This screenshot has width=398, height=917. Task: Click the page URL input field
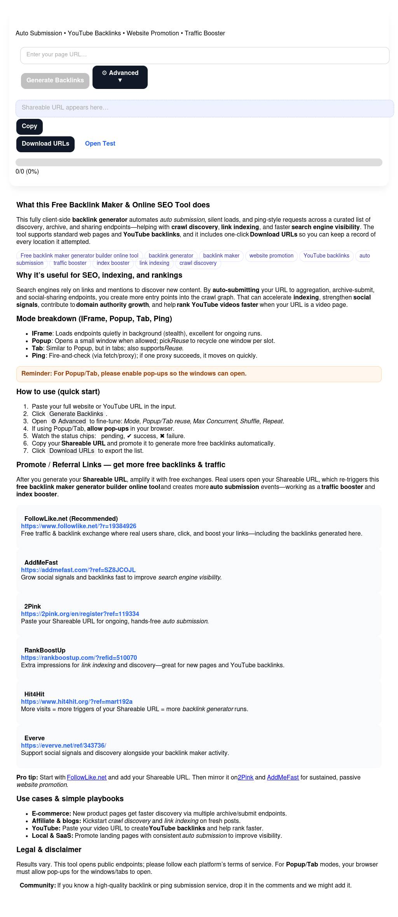pos(204,55)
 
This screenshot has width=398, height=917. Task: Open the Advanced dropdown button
pos(120,77)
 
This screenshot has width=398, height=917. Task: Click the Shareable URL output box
pos(204,108)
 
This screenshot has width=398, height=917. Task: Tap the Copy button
pos(30,127)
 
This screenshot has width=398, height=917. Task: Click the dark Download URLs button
pos(45,144)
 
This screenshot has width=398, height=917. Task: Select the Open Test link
pos(100,144)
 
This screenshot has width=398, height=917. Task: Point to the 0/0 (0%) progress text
pos(27,172)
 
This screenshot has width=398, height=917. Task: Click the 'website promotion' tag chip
pos(271,256)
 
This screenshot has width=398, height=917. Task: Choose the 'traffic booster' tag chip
pos(70,263)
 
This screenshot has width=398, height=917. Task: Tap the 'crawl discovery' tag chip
pos(198,263)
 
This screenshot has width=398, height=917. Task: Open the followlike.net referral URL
pos(79,526)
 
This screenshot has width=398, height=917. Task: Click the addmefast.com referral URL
pos(78,570)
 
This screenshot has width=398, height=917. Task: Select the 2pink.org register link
pos(80,614)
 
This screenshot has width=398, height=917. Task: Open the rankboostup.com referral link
pos(79,658)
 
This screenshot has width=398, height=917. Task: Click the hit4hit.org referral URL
pos(77,702)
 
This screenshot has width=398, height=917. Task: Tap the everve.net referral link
pos(63,746)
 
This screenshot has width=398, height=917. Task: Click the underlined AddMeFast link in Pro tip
pos(283,778)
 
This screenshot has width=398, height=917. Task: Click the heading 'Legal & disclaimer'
pos(49,850)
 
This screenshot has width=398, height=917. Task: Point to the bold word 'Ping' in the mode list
pos(38,356)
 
